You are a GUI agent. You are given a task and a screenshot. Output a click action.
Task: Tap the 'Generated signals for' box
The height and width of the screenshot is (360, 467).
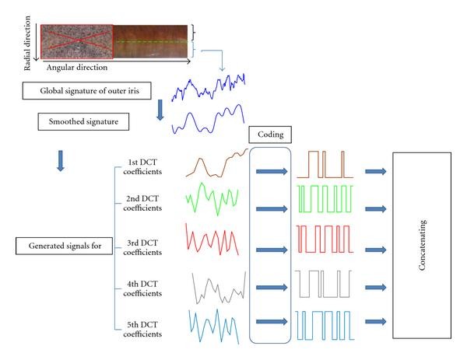(x=62, y=247)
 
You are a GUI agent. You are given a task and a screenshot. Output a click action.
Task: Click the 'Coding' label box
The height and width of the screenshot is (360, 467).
(x=270, y=134)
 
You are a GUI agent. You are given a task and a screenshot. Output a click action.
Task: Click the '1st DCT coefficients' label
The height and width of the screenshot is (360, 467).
(x=143, y=166)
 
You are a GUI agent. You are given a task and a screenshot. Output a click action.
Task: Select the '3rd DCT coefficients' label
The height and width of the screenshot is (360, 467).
(x=143, y=248)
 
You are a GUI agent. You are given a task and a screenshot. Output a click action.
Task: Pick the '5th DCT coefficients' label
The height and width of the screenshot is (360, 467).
(x=143, y=329)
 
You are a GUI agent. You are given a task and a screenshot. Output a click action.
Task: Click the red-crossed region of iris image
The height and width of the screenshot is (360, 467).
(x=76, y=40)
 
